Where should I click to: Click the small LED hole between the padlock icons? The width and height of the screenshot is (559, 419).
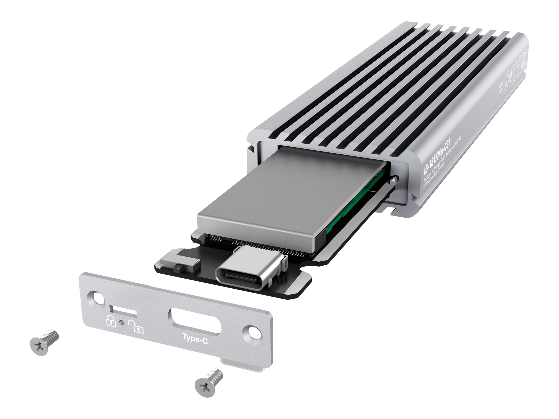[x=123, y=323]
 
